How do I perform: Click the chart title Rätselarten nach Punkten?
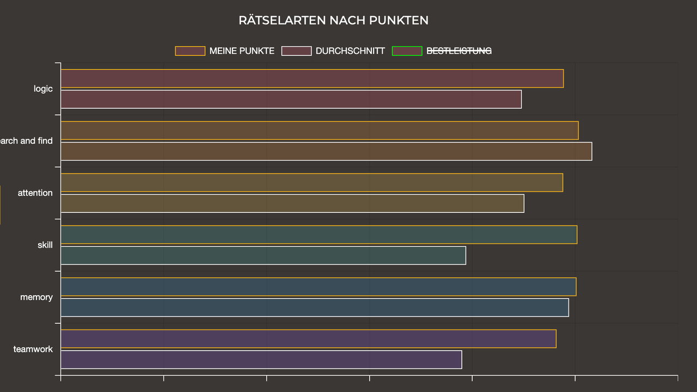click(333, 21)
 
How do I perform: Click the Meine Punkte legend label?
click(242, 51)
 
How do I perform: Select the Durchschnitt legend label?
click(350, 51)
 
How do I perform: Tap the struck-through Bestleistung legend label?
click(458, 51)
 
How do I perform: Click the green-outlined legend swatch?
click(407, 51)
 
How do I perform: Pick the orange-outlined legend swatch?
click(190, 51)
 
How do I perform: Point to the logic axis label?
click(43, 89)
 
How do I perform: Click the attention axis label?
click(35, 193)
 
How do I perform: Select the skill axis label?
click(45, 245)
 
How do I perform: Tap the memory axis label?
click(36, 297)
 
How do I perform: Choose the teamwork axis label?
click(33, 349)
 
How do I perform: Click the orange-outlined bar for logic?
click(312, 78)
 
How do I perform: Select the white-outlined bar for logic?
click(291, 99)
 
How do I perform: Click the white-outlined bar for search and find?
click(326, 151)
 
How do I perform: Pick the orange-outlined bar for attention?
click(311, 182)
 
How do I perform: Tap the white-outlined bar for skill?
click(263, 255)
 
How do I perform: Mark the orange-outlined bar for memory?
click(318, 287)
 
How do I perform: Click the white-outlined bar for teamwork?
click(261, 360)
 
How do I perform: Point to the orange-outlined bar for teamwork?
click(308, 339)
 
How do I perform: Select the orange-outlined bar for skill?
click(319, 235)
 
